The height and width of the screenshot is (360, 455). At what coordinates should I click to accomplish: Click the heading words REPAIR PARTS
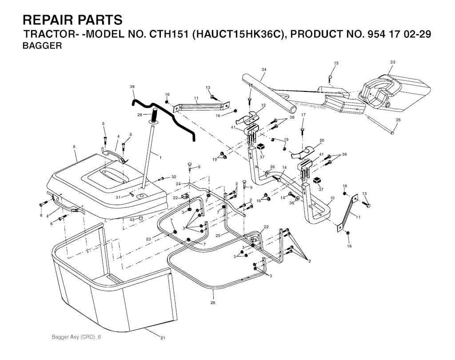(72, 20)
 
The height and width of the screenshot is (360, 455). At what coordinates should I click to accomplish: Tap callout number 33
(393, 62)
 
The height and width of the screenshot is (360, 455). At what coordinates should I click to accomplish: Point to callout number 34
(264, 70)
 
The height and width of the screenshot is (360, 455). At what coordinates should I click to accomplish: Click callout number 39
(132, 86)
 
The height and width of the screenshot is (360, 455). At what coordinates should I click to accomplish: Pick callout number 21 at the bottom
(163, 338)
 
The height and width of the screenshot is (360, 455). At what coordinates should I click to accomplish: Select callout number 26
(213, 302)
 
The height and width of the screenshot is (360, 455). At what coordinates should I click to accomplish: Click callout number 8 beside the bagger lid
(74, 146)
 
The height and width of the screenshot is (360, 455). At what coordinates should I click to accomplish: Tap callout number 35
(398, 120)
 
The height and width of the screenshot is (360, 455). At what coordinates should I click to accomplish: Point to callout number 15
(336, 63)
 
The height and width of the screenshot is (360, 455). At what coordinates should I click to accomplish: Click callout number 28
(140, 115)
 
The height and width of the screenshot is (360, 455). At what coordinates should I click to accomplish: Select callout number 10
(332, 198)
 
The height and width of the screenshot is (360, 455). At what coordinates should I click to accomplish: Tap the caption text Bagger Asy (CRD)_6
(76, 337)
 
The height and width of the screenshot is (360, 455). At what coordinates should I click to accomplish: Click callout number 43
(132, 220)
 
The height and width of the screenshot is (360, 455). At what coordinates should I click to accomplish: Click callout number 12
(263, 106)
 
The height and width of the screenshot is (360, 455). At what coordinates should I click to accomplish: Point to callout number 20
(322, 140)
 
